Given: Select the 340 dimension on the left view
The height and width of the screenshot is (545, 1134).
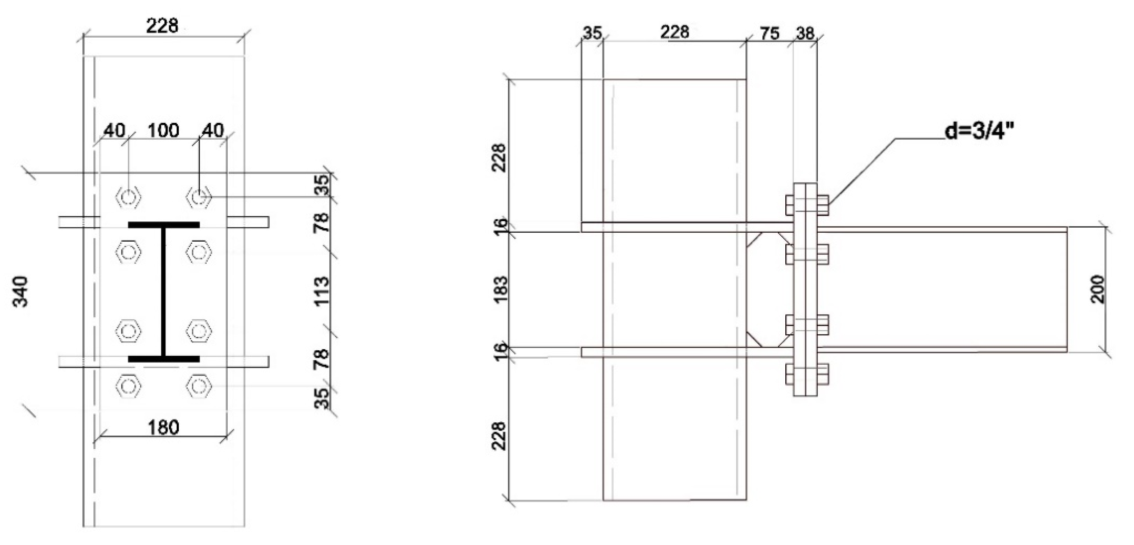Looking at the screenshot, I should point(20,291).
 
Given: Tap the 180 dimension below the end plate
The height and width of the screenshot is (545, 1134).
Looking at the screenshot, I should point(163,427).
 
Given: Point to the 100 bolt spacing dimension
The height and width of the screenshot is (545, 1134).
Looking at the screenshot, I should point(163,131).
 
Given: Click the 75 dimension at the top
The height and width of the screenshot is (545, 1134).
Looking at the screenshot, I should point(769,34).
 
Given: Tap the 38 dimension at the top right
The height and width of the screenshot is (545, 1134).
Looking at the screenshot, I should point(805,34).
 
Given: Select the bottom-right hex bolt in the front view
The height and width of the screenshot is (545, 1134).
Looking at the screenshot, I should point(199,386).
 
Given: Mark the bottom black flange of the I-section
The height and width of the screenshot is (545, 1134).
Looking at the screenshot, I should point(164,359).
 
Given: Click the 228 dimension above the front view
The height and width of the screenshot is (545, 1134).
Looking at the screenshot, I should point(163,27).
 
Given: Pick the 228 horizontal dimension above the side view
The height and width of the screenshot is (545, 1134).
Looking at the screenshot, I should point(674,32).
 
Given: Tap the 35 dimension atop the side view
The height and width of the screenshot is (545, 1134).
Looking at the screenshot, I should point(592,34).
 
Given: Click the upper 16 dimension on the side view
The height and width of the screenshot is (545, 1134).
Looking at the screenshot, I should point(501,227).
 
